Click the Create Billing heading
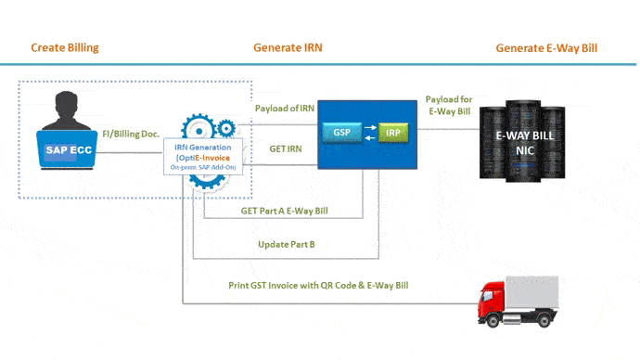[64, 47]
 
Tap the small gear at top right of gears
[225, 127]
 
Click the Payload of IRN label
[283, 109]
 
